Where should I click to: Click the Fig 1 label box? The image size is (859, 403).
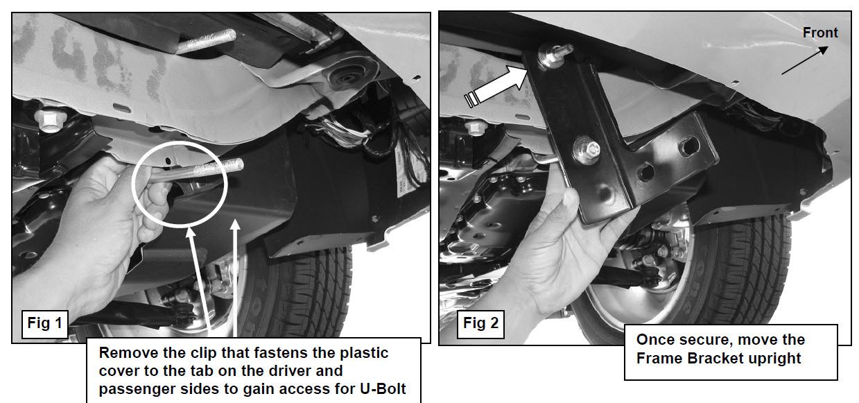(x=45, y=324)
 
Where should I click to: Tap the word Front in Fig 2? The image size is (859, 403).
(x=820, y=33)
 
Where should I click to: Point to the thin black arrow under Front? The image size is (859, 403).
(x=804, y=60)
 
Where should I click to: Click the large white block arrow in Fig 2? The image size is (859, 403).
(x=497, y=86)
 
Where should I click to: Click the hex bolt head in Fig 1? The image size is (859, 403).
(x=49, y=119)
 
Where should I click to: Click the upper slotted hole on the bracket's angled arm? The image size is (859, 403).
(x=688, y=146)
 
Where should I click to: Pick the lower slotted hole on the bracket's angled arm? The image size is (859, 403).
(x=645, y=172)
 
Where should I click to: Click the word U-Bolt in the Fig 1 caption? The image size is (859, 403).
(x=382, y=389)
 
